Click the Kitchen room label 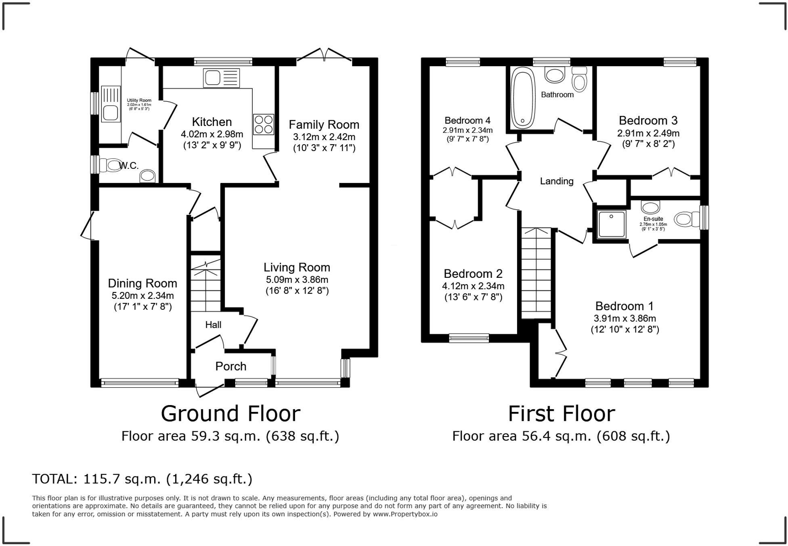[x=212, y=122]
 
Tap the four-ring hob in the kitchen [x=263, y=124]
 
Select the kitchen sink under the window [x=222, y=78]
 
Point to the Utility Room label [x=139, y=101]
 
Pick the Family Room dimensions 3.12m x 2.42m [x=324, y=136]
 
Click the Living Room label [x=297, y=267]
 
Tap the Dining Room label [x=142, y=283]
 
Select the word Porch [x=231, y=366]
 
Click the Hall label [x=213, y=325]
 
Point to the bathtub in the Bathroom [x=523, y=98]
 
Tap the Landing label [x=556, y=181]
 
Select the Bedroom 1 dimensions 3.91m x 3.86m [x=625, y=318]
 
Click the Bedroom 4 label [x=467, y=120]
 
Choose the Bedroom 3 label [x=648, y=120]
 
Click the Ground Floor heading [x=230, y=414]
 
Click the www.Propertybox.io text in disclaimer [x=405, y=514]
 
